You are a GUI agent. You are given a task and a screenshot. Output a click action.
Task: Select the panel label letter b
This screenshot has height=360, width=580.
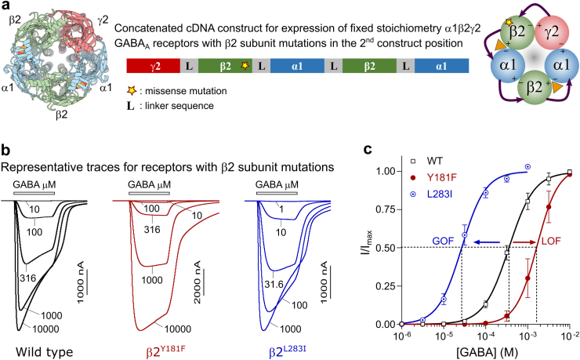[x=5, y=148]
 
